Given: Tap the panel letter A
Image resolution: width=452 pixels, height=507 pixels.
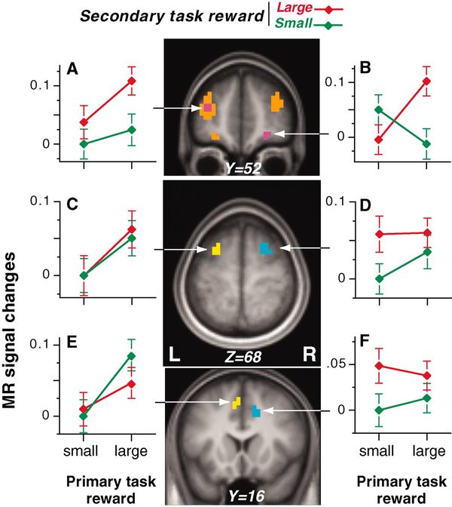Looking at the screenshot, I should [x=72, y=69].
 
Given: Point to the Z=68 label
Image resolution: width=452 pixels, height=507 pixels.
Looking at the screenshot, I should [x=242, y=355].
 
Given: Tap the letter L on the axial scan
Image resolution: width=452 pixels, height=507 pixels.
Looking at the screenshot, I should [x=175, y=354].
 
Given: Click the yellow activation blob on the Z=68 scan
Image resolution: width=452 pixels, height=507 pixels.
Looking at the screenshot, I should [x=216, y=248].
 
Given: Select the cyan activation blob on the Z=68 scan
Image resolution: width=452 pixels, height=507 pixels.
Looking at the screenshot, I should [x=264, y=248].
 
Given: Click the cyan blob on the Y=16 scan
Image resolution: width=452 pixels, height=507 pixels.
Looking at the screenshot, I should [x=257, y=411].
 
